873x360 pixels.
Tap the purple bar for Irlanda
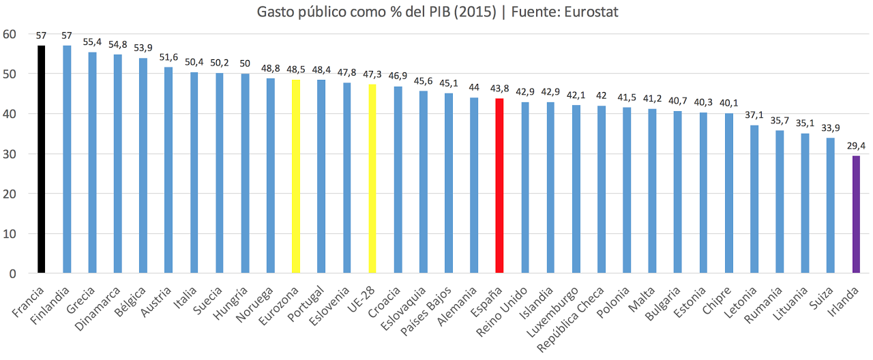pos(856,214)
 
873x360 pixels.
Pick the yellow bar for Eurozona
pos(296,177)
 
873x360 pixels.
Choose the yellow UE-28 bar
pos(372,179)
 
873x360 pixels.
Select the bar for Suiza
pos(830,205)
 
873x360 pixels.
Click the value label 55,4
pos(93,42)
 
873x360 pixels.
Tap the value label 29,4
pos(856,145)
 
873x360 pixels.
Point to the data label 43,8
pos(499,88)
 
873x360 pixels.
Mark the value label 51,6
pos(168,57)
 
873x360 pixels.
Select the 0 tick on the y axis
pos(13,273)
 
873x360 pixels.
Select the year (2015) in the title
pos(475,12)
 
